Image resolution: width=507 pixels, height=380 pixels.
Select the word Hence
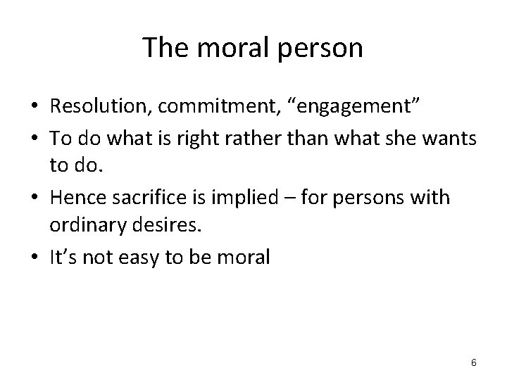coord(72,198)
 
